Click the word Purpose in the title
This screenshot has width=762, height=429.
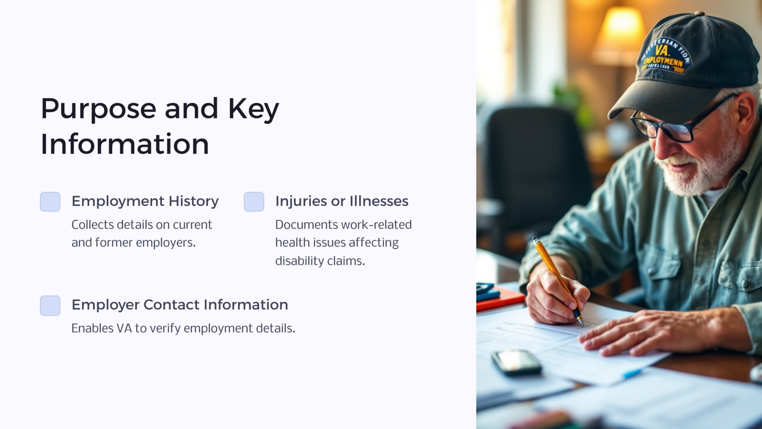click(98, 109)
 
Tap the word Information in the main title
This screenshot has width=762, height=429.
click(125, 144)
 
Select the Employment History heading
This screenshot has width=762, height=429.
click(145, 201)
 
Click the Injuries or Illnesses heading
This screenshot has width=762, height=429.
click(342, 201)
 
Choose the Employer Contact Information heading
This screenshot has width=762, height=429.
click(180, 305)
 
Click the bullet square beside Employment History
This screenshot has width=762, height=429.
click(50, 202)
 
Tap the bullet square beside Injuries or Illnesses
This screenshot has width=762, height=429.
click(254, 202)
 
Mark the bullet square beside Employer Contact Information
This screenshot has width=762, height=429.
click(50, 306)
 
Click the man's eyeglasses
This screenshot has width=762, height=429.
click(666, 128)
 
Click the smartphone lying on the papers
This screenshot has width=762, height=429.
click(516, 362)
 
